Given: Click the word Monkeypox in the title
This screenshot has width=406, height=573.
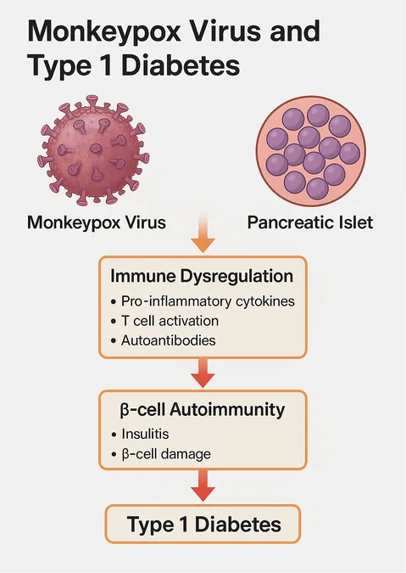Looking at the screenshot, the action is tap(104, 32).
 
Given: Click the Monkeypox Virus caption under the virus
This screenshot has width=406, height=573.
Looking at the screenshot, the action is tap(97, 222).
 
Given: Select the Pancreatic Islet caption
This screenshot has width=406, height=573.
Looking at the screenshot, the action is tap(310, 222).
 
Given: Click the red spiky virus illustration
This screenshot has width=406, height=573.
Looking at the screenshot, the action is tap(93, 149).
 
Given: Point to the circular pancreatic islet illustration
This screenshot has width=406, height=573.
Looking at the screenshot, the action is tap(311, 151).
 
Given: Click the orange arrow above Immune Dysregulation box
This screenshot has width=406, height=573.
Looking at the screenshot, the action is tap(203, 233).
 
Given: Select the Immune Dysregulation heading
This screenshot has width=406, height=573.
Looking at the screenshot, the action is tap(202, 276).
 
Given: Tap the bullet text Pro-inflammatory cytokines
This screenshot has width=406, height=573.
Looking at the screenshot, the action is tap(208, 301).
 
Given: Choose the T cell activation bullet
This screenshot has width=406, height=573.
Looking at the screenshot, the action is tap(170, 321).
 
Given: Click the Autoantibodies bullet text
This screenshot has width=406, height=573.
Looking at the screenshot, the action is tap(168, 340).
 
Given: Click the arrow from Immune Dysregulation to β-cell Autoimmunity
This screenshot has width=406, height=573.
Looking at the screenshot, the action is tap(203, 373).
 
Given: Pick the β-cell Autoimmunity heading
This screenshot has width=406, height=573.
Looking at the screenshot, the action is tap(203, 410).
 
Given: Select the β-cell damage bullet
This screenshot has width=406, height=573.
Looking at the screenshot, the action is tap(166, 454).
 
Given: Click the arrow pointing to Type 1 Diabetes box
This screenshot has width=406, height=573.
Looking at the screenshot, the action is tap(203, 485).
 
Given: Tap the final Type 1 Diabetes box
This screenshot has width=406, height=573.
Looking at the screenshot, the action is tap(203, 524).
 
